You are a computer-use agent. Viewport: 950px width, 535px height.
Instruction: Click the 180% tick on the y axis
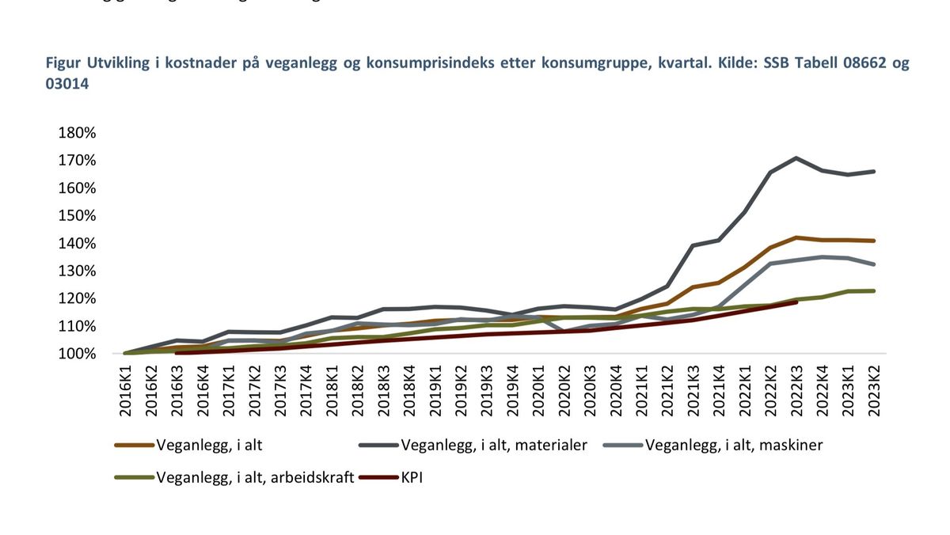click(77, 133)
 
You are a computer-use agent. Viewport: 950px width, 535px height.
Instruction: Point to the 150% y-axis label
click(77, 216)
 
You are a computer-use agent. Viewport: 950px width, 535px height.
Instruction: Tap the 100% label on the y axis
click(77, 354)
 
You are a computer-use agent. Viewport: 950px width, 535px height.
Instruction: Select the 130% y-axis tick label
click(77, 271)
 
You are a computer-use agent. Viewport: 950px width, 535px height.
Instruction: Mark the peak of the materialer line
click(795, 157)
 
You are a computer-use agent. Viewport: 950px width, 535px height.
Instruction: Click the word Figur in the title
click(63, 64)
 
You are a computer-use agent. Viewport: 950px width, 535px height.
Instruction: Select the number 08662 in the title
click(854, 64)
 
